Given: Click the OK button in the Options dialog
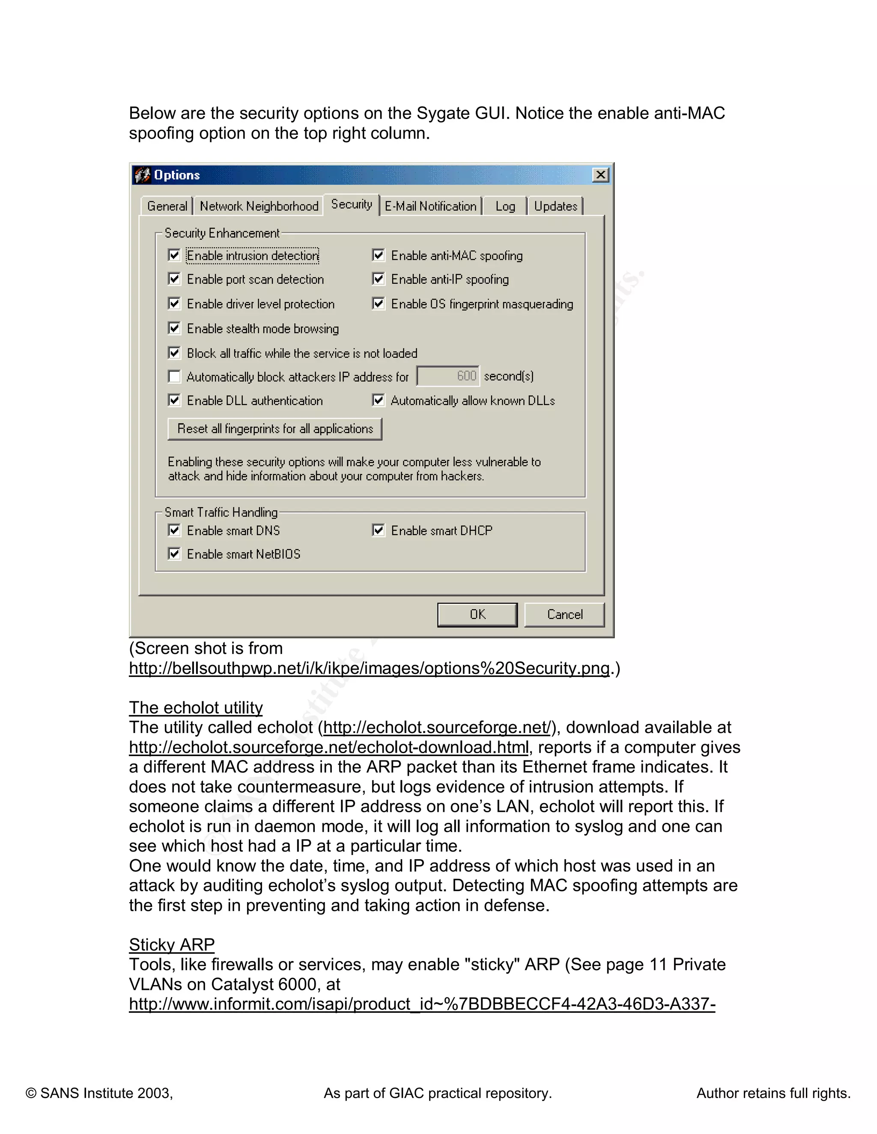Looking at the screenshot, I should click(x=477, y=615).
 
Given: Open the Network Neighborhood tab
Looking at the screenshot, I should click(x=259, y=206).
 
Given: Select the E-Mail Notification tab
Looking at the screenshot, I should click(x=430, y=206).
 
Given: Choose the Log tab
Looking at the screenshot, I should click(x=505, y=206).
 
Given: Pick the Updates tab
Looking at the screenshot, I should click(x=555, y=206).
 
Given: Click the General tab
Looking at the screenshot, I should click(x=167, y=206).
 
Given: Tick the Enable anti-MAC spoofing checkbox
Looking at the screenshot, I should click(x=378, y=255).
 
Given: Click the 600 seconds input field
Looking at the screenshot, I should click(x=448, y=376).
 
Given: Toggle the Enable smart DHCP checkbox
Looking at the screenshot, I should click(x=378, y=530).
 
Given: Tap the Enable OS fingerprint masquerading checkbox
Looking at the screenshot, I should click(x=378, y=304).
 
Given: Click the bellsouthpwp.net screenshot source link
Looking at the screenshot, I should click(x=369, y=668).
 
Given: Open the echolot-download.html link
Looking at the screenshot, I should click(x=328, y=747).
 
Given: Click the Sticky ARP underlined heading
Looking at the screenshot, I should click(x=171, y=944).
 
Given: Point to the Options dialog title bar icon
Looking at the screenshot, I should click(x=142, y=175).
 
